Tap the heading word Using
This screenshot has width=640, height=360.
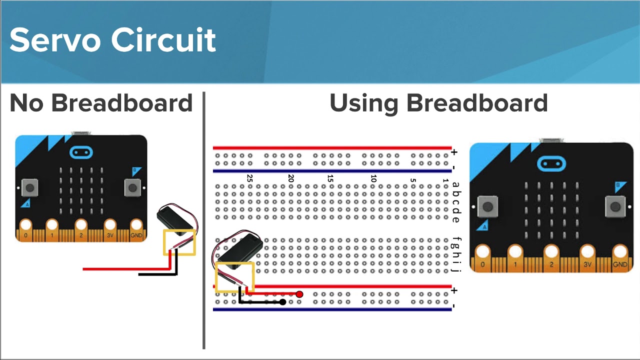click(363, 103)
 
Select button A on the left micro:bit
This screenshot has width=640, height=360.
click(30, 188)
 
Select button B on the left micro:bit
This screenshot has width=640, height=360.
click(132, 188)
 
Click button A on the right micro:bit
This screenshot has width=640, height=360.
click(487, 206)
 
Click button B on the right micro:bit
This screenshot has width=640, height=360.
click(615, 206)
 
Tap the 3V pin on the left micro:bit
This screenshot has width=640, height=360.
click(110, 227)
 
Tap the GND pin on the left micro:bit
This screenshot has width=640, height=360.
click(136, 227)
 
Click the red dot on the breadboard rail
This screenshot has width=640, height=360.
click(299, 294)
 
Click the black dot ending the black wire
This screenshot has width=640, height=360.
click(283, 302)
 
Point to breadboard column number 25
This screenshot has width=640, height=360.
click(249, 178)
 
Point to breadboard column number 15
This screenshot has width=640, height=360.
click(330, 178)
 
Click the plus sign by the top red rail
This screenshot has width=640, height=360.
click(454, 152)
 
